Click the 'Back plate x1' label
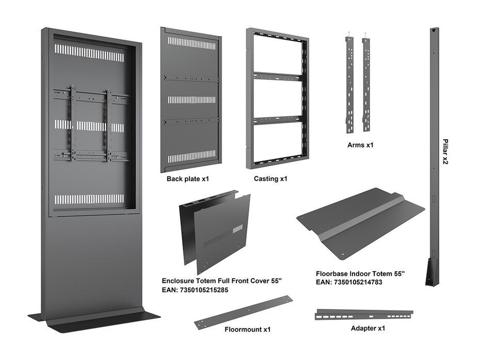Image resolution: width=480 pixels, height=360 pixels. (187, 179)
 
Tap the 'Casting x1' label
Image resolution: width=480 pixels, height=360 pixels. (270, 179)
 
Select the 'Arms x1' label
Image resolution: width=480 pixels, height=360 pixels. (360, 145)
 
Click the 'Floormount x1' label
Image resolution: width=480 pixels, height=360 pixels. (247, 329)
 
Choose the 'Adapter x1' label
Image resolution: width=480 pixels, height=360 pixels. (368, 328)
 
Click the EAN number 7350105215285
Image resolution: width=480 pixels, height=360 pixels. (195, 290)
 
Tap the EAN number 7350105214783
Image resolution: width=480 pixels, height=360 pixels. (349, 282)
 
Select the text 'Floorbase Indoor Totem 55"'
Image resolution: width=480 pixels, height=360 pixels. (360, 273)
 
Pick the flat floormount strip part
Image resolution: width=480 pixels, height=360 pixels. (243, 312)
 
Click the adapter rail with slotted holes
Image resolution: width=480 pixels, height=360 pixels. (364, 314)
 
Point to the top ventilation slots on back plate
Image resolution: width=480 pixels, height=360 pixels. (191, 43)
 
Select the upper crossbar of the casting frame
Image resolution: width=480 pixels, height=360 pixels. (277, 76)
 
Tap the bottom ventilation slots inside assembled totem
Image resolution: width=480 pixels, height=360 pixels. (89, 199)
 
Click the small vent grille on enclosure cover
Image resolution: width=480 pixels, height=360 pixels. (237, 228)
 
